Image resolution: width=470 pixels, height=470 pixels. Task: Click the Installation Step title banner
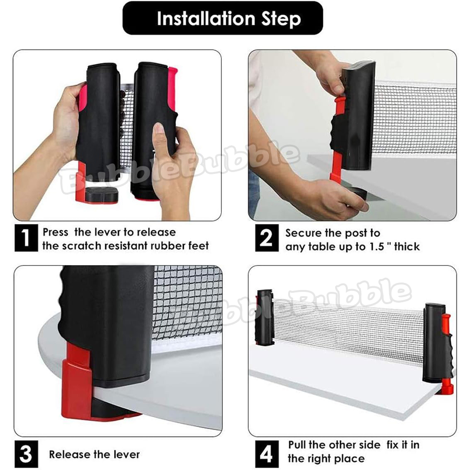[223, 18]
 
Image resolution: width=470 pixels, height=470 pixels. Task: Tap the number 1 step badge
[26, 238]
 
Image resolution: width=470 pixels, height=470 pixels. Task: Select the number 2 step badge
[267, 238]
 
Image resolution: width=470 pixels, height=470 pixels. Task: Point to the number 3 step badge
[26, 454]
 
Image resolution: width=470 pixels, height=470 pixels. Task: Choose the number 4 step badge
[267, 454]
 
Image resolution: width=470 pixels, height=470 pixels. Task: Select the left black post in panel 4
[265, 318]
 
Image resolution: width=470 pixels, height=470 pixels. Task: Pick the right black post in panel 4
[435, 343]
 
